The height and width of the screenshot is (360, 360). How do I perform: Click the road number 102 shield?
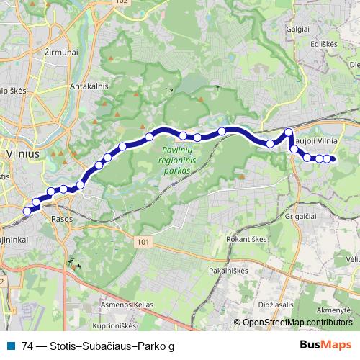(120, 2)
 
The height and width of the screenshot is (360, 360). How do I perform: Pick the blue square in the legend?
(12, 346)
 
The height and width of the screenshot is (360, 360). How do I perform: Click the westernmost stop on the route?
(27, 211)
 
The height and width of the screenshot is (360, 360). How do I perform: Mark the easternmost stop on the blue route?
(333, 159)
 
